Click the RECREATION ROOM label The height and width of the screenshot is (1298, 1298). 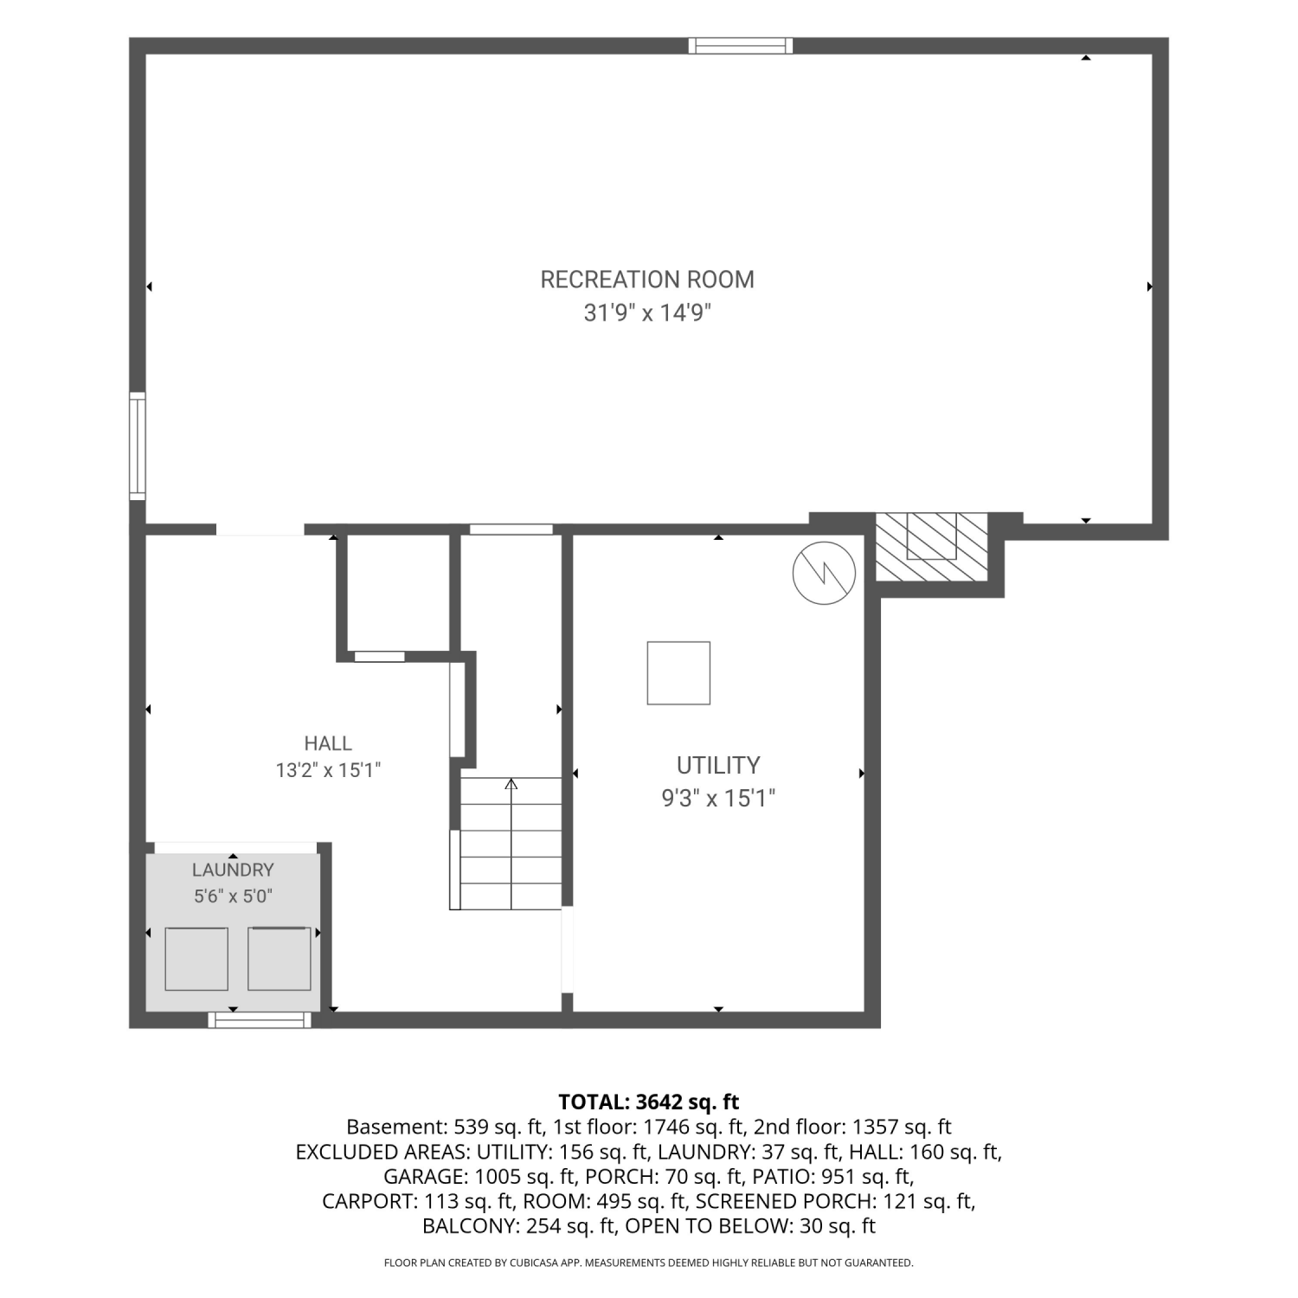tap(647, 280)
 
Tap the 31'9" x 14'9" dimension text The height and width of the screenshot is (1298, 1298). tap(647, 312)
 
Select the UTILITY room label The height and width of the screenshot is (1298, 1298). tap(718, 765)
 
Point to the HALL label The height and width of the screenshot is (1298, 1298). tap(328, 743)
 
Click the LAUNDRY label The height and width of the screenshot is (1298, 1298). tap(233, 870)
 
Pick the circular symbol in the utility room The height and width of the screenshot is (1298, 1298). tap(825, 573)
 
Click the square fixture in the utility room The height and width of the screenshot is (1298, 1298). tap(678, 673)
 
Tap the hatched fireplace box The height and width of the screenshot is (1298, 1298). tap(932, 548)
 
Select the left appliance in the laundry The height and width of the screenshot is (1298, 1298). tap(196, 959)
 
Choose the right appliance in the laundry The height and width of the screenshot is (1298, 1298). tap(280, 959)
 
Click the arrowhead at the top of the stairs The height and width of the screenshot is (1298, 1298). tap(511, 783)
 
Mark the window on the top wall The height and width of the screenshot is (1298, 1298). tap(741, 46)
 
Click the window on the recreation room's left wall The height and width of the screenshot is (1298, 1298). tap(138, 446)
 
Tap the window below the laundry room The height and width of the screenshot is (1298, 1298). tap(260, 1020)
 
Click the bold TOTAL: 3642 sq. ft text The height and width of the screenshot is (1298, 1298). tap(649, 1102)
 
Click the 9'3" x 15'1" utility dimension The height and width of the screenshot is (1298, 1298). tap(718, 798)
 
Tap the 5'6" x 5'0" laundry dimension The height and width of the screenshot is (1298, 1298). tap(233, 896)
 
